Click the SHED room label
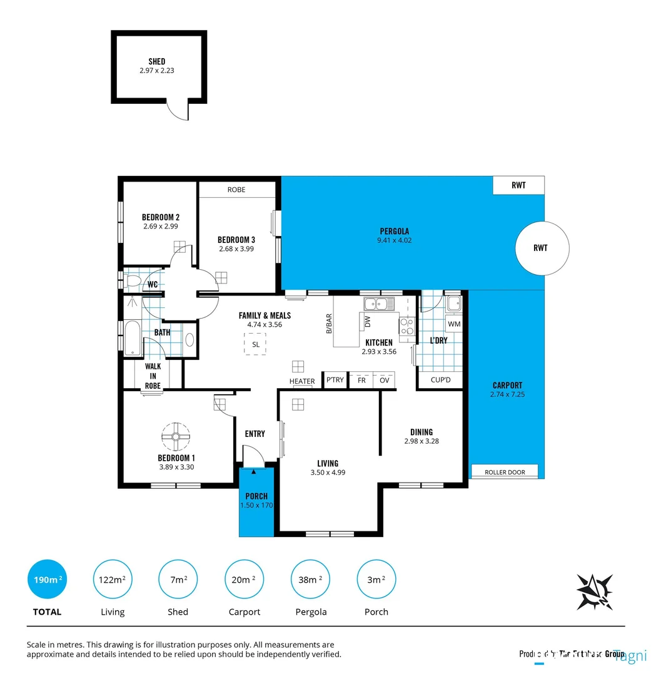coord(157,61)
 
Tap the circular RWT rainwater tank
coord(541,248)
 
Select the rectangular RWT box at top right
coord(518,185)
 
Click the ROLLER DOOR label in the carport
coord(505,472)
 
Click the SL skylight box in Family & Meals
coord(255,344)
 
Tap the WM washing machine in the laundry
coord(453,324)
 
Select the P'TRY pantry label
coord(335,381)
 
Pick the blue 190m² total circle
coord(47,580)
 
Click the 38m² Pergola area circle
coord(311,580)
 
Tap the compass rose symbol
coord(594,590)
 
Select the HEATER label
coord(302,381)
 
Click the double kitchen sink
coord(380,304)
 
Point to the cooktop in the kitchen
coord(406,326)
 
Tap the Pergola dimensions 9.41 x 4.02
coord(394,240)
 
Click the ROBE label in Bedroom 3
coord(236,189)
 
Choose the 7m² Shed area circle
coord(178,580)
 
